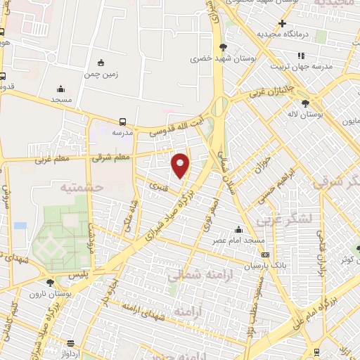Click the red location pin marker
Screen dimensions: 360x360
[x=181, y=165]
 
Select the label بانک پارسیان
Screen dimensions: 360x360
[x=268, y=266]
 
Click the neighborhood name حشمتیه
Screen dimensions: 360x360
[x=82, y=187]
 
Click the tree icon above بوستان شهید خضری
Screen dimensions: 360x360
[x=224, y=46]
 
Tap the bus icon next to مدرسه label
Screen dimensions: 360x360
[x=123, y=121]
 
